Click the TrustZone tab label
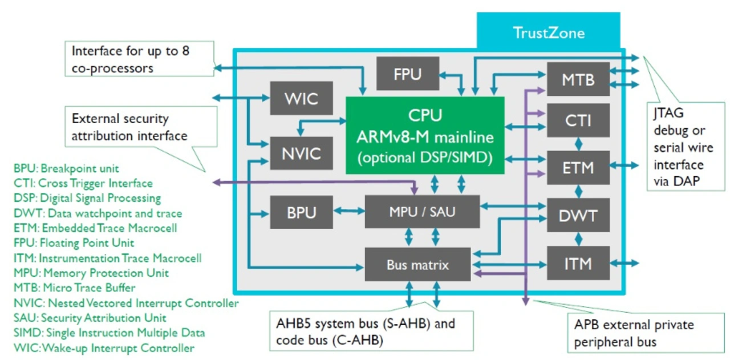coord(547,32)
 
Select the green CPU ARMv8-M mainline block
coord(425,135)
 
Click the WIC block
coord(301,98)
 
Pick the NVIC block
coord(301,153)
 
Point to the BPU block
coord(301,213)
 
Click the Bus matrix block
coord(417,265)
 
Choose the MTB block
coord(578,79)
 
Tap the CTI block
coord(578,120)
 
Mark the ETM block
coord(578,167)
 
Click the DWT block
coord(578,215)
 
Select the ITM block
coord(578,263)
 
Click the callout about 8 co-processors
coord(139,59)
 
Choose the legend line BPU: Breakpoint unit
coord(66,168)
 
